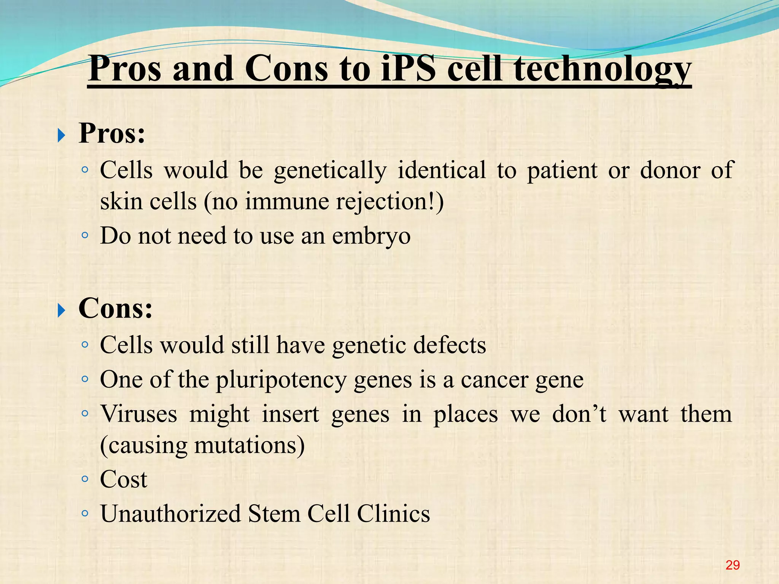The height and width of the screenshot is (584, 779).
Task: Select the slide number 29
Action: click(x=732, y=565)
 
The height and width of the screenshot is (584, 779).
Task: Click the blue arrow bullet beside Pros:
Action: click(x=61, y=135)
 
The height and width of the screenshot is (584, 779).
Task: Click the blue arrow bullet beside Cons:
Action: click(x=61, y=310)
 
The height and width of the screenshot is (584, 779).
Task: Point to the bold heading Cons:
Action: click(x=115, y=308)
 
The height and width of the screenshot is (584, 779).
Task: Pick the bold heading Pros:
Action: click(x=112, y=133)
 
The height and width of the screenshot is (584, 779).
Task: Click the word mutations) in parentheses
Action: click(x=249, y=446)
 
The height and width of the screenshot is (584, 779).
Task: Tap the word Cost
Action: click(x=123, y=479)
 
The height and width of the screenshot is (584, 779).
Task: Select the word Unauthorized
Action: click(x=170, y=514)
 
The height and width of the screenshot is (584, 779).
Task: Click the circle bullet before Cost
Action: click(x=85, y=479)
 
